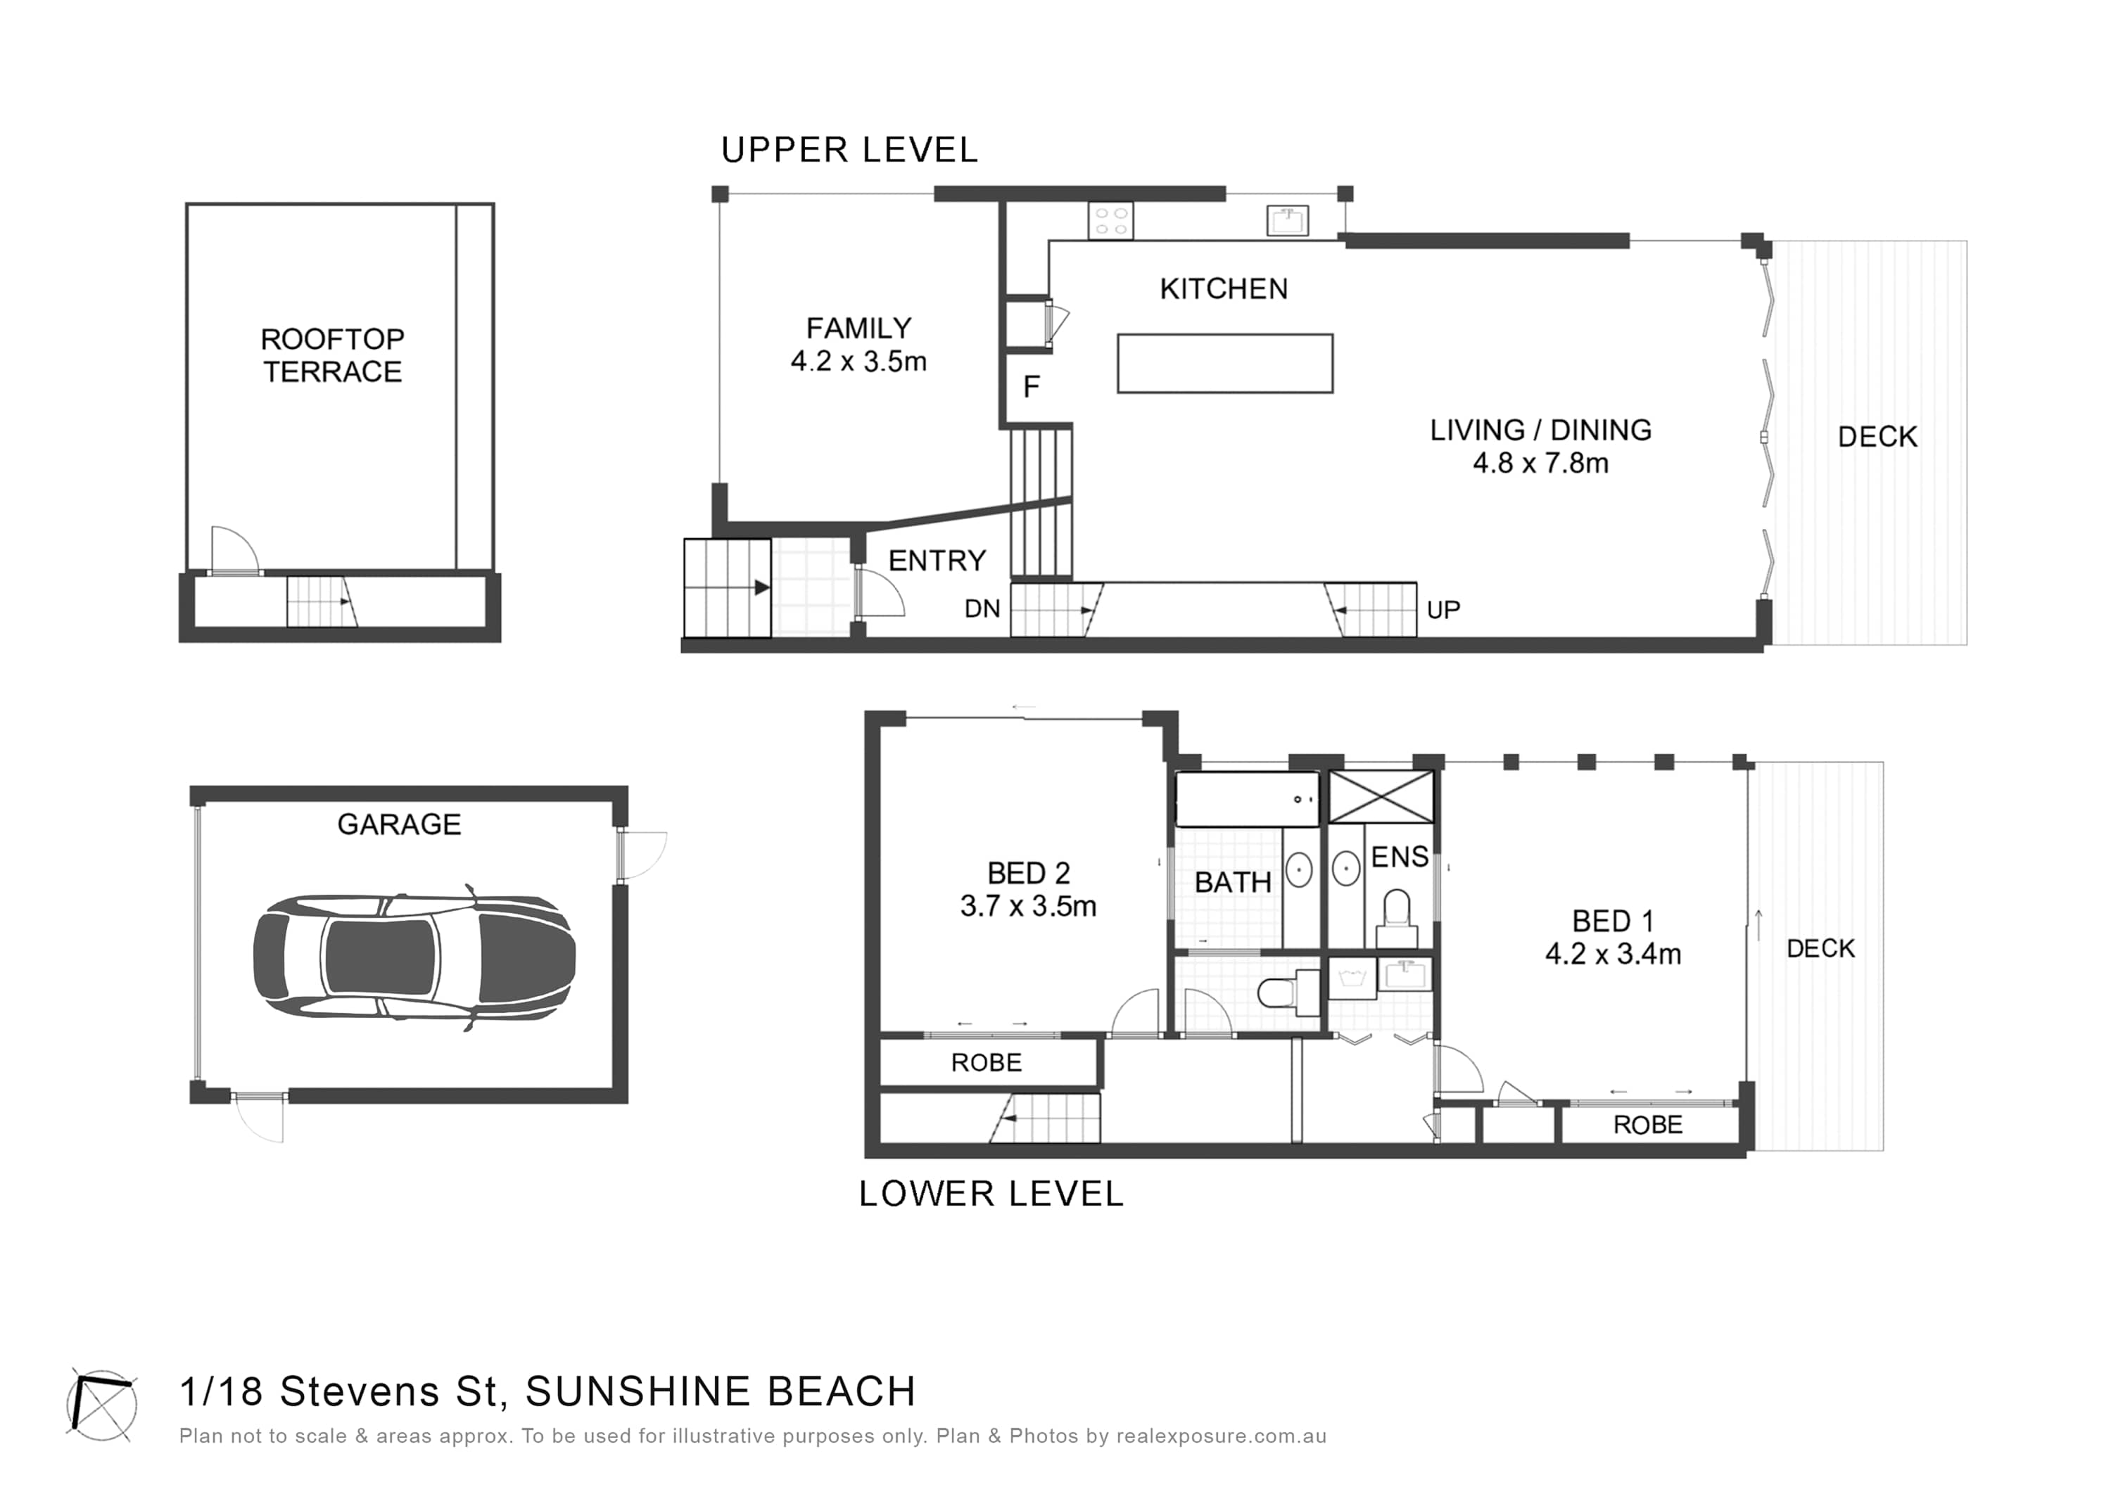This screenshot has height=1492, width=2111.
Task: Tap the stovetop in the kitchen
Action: (x=1110, y=222)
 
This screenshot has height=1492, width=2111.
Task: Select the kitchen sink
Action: (x=1288, y=221)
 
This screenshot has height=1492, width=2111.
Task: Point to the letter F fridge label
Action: (x=1032, y=387)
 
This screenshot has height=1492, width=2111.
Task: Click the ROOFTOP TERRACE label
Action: (x=333, y=356)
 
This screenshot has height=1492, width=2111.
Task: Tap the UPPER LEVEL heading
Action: (x=849, y=150)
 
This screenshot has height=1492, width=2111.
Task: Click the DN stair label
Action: (x=982, y=609)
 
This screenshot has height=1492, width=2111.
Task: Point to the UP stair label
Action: (x=1443, y=609)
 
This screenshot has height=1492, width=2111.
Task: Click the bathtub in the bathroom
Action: (x=1248, y=799)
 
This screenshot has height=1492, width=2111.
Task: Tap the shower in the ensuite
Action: (x=1382, y=796)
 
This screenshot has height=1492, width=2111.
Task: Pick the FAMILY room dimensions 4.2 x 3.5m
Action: (x=858, y=362)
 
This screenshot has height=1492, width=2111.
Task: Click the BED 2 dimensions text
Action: (x=1029, y=907)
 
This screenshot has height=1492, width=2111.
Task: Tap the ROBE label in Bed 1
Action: (x=1649, y=1126)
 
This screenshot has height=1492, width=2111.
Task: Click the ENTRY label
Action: (x=937, y=561)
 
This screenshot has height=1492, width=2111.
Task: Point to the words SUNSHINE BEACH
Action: (x=721, y=1392)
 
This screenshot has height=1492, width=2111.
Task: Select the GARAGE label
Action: (x=399, y=824)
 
